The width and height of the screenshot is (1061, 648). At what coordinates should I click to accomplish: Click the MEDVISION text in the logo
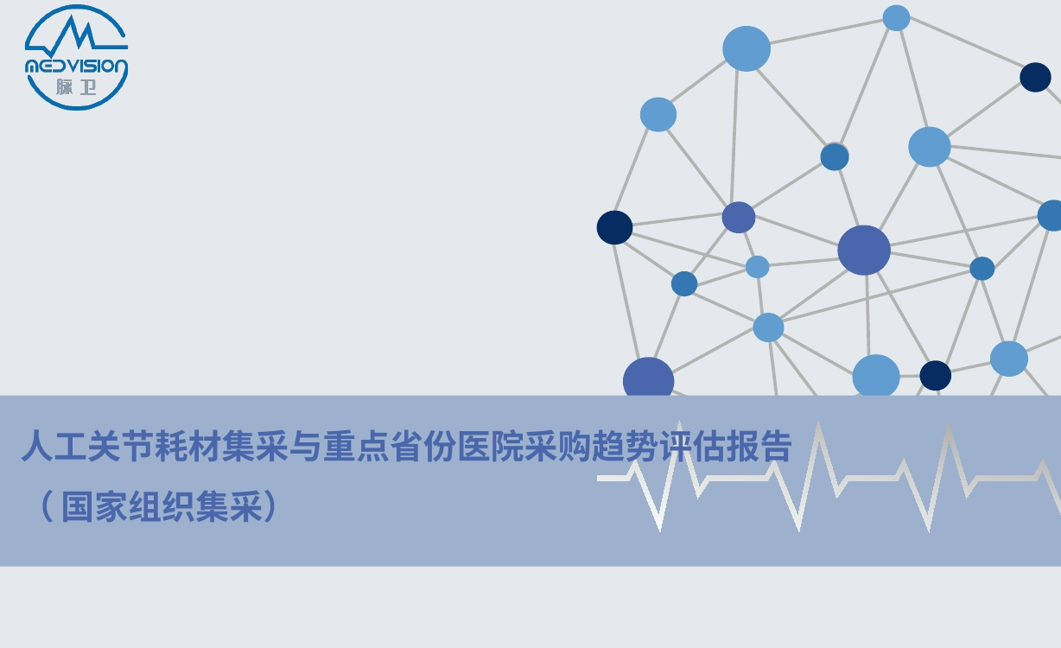[x=76, y=67]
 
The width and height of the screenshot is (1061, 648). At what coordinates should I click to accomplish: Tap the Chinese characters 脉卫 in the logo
[x=76, y=86]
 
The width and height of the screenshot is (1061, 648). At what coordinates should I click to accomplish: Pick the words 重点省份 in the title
[x=390, y=445]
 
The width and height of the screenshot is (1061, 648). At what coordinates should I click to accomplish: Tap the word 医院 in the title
[x=490, y=445]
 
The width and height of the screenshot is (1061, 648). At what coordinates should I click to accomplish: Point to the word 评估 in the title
[x=691, y=445]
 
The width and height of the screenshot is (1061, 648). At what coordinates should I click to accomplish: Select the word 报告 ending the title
[x=759, y=445]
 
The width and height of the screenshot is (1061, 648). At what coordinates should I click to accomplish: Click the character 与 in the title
[x=306, y=445]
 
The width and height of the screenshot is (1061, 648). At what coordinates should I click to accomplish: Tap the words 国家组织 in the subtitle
[x=128, y=506]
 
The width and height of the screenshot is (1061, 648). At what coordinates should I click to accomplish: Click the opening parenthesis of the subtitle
[x=47, y=506]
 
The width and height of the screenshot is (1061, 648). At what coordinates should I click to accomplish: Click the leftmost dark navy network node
[x=614, y=228]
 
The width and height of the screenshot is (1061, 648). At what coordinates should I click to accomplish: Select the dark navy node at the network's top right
[x=1035, y=77]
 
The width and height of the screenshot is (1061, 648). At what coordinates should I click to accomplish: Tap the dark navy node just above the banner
[x=936, y=376]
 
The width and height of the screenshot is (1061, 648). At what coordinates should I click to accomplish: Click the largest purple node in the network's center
[x=864, y=250]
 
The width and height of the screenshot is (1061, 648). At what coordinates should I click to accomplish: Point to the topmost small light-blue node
[x=896, y=18]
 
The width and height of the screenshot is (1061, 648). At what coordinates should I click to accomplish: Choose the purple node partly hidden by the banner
[x=649, y=377]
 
